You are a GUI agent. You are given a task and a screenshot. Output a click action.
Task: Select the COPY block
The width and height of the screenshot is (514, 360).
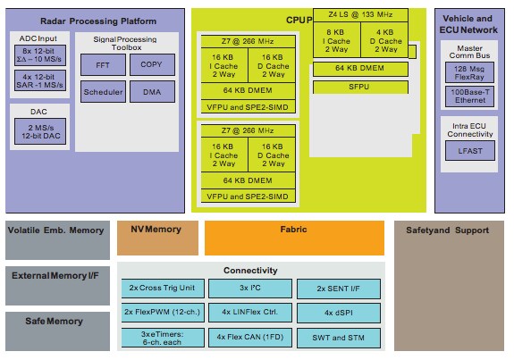pos(151,64)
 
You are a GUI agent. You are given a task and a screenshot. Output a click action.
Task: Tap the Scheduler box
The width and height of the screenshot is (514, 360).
pos(104,92)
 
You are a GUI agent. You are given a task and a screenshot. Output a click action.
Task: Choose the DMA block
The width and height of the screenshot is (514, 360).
pos(151,92)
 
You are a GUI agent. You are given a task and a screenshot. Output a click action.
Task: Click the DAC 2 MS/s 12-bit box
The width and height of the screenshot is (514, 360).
pos(38,130)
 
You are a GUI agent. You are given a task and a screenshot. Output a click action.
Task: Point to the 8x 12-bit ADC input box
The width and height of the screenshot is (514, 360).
pos(38,55)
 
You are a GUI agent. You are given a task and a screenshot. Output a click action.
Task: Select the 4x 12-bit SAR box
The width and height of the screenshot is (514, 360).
pos(38,82)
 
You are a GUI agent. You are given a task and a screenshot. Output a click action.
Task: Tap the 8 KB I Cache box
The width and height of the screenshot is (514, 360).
pos(337,40)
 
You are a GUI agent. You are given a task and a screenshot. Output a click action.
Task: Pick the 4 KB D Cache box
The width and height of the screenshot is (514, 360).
pos(384,40)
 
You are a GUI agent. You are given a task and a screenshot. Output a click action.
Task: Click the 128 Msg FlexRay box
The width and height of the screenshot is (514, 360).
pos(469,74)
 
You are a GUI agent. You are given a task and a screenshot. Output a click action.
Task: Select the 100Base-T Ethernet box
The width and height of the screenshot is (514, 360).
pos(469,96)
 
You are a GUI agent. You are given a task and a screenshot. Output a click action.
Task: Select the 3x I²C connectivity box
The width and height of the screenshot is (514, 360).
pos(249,289)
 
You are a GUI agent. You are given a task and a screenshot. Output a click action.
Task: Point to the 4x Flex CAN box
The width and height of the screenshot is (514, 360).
pos(249,337)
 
